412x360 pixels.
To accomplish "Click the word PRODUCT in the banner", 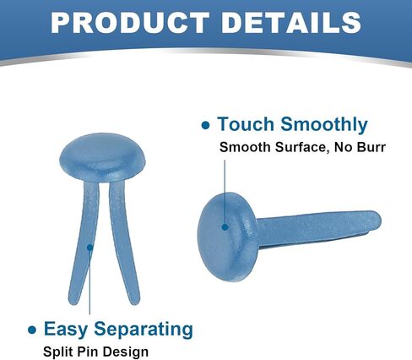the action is tap(130, 23).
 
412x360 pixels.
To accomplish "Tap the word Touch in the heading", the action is tap(246, 124).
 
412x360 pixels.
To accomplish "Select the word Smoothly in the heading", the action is tap(324, 124).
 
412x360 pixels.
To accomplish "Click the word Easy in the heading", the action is tap(65, 329).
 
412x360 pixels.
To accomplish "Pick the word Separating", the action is tap(144, 329).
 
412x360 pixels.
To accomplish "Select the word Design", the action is tap(125, 352).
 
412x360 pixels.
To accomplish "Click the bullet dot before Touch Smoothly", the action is tap(206, 125).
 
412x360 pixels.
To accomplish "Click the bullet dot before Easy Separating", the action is tap(32, 330).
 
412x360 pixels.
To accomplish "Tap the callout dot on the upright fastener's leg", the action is tap(89, 248).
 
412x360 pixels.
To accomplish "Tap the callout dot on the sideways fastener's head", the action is tap(225, 226).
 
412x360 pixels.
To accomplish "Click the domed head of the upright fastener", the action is tap(103, 158).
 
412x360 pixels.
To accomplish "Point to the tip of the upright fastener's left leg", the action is tap(73, 302).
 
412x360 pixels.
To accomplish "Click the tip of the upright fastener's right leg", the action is tap(135, 302).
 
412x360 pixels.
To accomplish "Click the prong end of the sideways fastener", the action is tap(378, 219).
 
